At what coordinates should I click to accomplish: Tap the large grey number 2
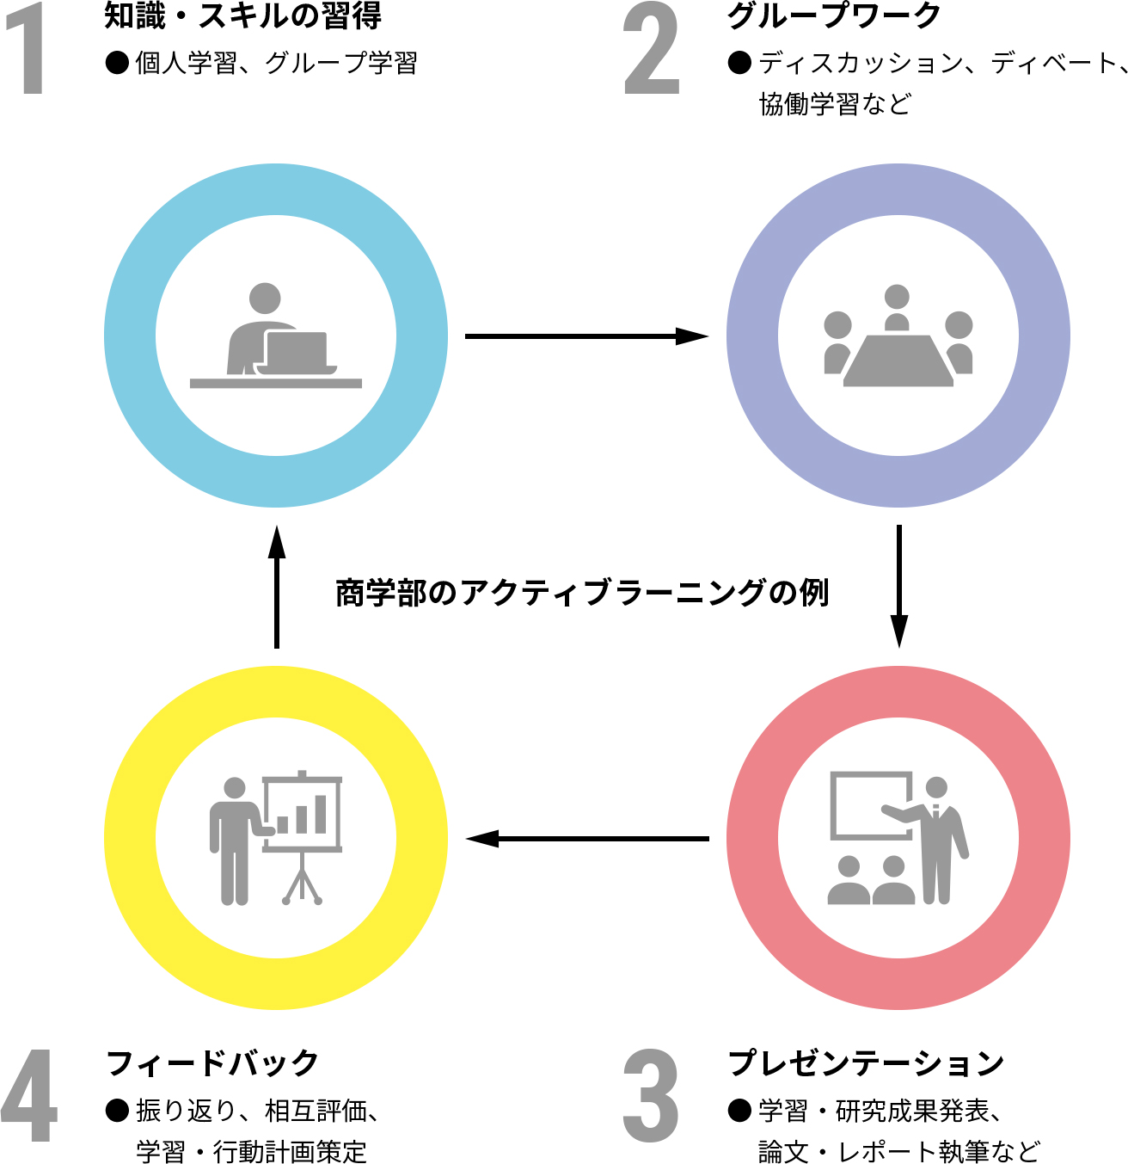(652, 49)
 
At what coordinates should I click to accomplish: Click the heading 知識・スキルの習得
(243, 15)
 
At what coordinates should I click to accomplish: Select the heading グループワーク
(834, 15)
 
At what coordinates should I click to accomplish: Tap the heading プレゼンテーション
(866, 1063)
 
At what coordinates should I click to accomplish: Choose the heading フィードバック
(212, 1063)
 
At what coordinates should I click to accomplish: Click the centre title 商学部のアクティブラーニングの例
(582, 593)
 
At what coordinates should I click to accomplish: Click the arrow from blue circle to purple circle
(586, 336)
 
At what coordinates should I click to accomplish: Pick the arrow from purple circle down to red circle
(898, 586)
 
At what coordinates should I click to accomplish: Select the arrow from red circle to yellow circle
(586, 838)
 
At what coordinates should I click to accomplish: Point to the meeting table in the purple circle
(898, 360)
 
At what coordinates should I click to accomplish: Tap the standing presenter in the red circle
(940, 839)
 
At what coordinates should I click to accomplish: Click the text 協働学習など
(834, 104)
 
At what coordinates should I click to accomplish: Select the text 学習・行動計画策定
(251, 1151)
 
